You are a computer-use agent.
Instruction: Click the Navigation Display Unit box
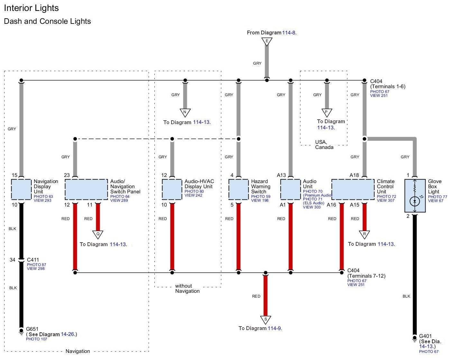(x=21, y=189)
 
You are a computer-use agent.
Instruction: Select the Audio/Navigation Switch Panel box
(x=86, y=189)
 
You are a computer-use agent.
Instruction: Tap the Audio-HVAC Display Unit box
(x=172, y=189)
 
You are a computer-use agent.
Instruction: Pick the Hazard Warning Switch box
(x=238, y=189)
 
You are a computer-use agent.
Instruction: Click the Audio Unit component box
(x=290, y=189)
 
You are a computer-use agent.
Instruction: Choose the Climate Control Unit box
(x=353, y=189)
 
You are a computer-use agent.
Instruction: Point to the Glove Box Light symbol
(x=415, y=196)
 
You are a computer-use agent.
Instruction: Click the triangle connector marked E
(x=267, y=41)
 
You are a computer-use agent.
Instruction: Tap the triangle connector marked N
(x=185, y=113)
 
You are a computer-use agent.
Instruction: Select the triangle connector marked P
(x=326, y=113)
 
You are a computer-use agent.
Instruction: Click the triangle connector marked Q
(x=98, y=234)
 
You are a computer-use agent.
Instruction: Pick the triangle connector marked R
(x=364, y=234)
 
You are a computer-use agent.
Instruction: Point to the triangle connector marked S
(x=265, y=320)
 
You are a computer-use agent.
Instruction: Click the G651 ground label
(x=32, y=329)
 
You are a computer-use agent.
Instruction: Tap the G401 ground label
(x=425, y=336)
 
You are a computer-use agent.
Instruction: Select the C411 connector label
(x=33, y=260)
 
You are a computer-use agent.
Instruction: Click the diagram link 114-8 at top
(x=289, y=32)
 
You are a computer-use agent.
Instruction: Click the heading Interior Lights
(x=31, y=8)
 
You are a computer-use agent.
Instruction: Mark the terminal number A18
(x=354, y=175)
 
